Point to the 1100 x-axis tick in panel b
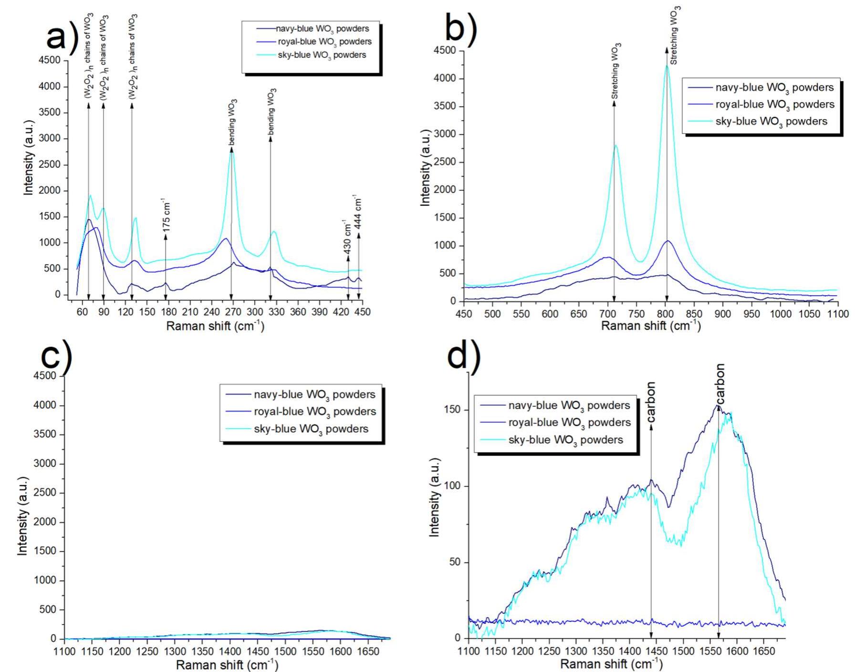(838, 314)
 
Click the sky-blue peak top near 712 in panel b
(615, 145)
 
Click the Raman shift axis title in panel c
(227, 664)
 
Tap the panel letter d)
(463, 355)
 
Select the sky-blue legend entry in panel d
(565, 440)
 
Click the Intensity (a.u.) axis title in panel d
(434, 497)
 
